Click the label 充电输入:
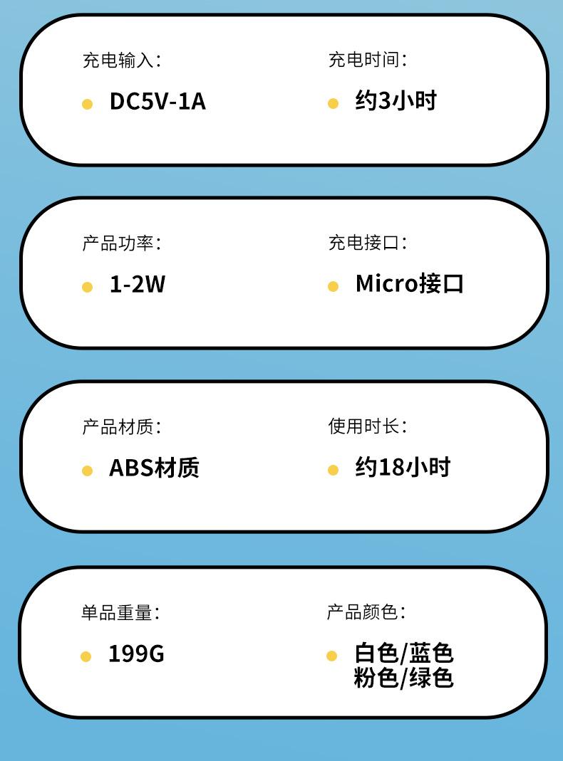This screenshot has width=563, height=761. (121, 60)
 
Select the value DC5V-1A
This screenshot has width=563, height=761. (157, 102)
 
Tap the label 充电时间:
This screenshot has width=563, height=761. (367, 60)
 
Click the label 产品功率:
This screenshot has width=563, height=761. (121, 243)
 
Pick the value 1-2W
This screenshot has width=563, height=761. (137, 285)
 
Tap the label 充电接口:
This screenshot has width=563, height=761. (367, 243)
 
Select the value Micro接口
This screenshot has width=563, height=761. (409, 284)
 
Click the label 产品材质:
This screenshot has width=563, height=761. (121, 427)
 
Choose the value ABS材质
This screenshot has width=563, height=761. (154, 468)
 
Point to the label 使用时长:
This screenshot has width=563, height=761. (367, 426)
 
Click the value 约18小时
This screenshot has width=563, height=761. (403, 468)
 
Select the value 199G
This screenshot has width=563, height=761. (136, 654)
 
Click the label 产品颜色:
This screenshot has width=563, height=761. (366, 612)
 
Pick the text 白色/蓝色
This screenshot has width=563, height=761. (403, 653)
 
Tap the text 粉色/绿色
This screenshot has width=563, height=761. (403, 678)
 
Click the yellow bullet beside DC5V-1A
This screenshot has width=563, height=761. (87, 104)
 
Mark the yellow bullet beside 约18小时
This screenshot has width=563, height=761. (333, 470)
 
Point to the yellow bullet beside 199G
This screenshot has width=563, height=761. (86, 656)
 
